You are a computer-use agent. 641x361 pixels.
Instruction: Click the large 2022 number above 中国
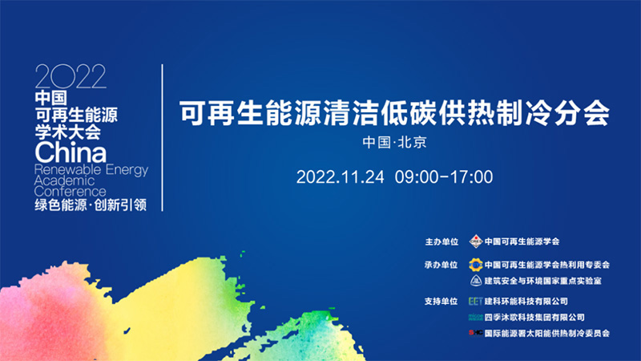click(x=71, y=76)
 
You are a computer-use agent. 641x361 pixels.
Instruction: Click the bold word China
click(x=71, y=152)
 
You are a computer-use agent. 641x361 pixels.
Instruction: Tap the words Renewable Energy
click(x=91, y=170)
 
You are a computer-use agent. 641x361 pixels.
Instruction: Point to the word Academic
click(x=64, y=180)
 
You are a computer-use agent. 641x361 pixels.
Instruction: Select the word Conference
click(x=70, y=192)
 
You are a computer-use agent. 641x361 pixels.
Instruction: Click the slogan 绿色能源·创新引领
click(x=91, y=205)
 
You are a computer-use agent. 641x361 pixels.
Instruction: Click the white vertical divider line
click(x=163, y=137)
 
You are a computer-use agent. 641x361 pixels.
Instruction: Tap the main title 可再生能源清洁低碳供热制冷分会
click(x=394, y=113)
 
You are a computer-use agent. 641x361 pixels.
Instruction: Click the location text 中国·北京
click(x=394, y=143)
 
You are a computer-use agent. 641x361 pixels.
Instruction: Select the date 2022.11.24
click(x=340, y=177)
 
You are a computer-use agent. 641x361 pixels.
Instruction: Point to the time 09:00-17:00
click(x=444, y=177)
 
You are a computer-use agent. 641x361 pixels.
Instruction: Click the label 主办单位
click(x=441, y=242)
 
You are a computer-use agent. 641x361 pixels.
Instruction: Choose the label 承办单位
click(x=441, y=266)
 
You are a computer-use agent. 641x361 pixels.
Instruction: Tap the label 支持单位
click(x=441, y=302)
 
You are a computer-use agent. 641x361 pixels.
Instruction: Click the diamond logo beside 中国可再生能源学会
click(x=476, y=241)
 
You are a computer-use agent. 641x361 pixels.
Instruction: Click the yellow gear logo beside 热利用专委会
click(x=475, y=265)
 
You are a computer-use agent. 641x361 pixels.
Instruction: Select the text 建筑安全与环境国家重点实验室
click(x=543, y=281)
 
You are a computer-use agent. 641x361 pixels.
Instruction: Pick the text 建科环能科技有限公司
click(x=526, y=302)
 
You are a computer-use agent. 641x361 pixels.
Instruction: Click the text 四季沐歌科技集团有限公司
click(x=534, y=317)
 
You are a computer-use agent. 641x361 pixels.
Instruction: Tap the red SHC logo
click(x=475, y=333)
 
